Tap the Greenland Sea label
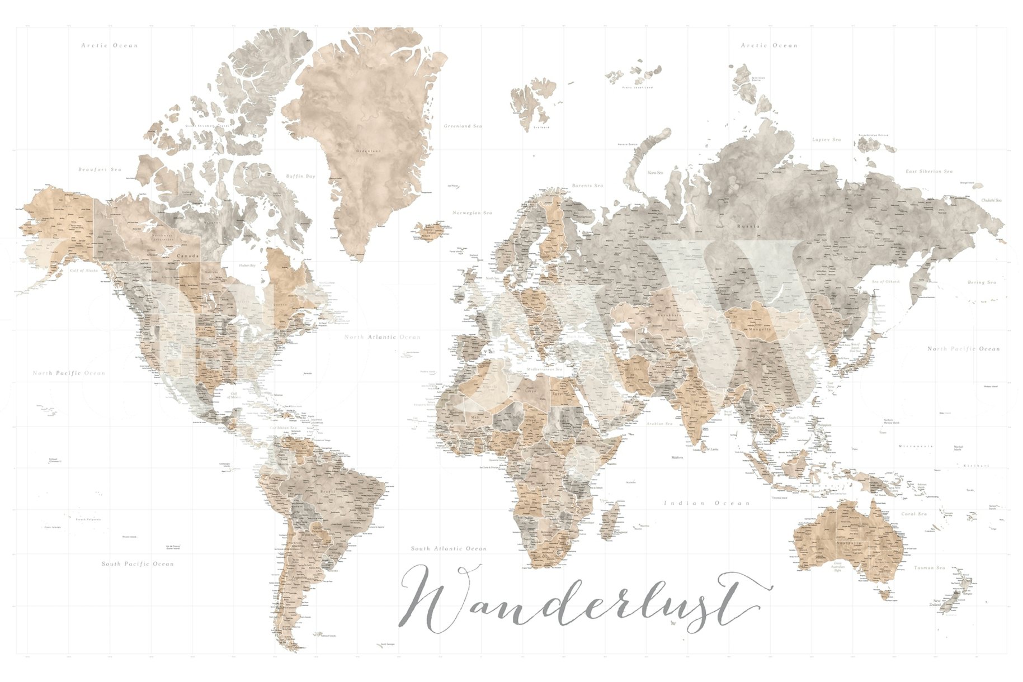point(463,126)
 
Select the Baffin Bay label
point(301,176)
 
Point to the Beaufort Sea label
point(100,169)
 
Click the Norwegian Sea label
point(472,213)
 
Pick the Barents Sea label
point(587,186)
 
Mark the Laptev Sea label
point(826,140)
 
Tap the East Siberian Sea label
point(929,171)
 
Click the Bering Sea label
point(982,282)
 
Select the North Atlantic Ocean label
point(382,337)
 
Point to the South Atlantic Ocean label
point(449,548)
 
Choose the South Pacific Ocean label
point(138,563)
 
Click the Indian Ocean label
point(706,503)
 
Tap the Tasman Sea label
point(929,568)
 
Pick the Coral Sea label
point(914,514)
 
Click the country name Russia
point(748,226)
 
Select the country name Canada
point(184,256)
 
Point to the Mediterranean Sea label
point(545,370)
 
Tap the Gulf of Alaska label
point(84,271)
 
